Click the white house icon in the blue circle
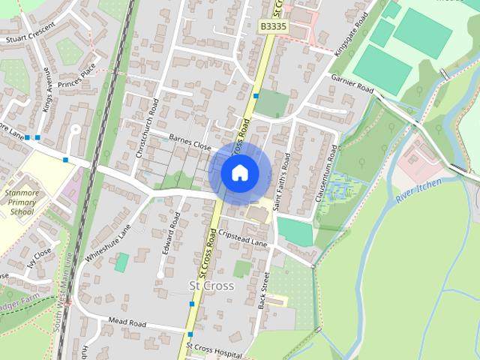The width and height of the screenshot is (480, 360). pyautogui.click(x=239, y=173)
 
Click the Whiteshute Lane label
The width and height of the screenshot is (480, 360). pyautogui.click(x=103, y=246)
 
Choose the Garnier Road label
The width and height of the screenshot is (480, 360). pyautogui.click(x=352, y=82)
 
